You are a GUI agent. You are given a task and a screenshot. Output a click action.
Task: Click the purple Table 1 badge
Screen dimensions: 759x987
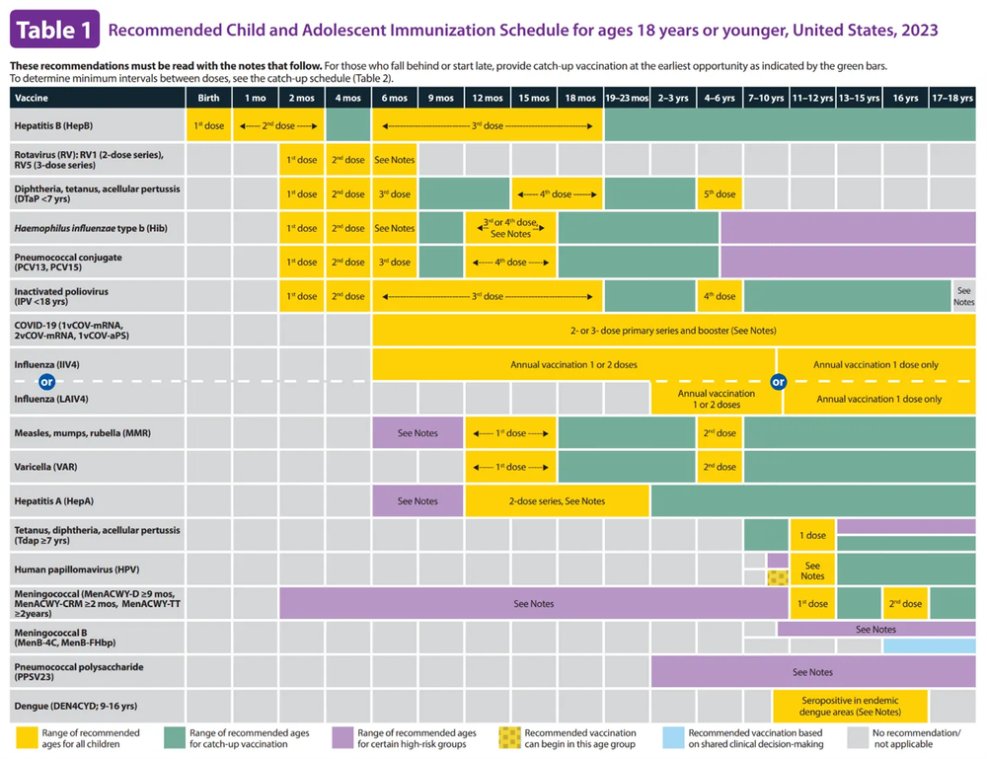[55, 30]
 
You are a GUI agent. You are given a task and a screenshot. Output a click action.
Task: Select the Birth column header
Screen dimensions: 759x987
[209, 98]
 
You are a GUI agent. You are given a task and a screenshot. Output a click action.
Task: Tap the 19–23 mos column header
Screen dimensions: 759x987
[627, 98]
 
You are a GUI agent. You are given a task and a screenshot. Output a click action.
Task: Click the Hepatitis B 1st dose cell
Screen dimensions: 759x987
[209, 125]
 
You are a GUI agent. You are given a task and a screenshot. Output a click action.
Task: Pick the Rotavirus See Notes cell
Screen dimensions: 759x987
[395, 160]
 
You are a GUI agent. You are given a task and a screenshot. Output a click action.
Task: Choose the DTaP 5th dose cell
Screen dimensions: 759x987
[720, 193]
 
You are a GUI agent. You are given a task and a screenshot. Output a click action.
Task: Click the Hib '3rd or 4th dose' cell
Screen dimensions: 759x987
[510, 228]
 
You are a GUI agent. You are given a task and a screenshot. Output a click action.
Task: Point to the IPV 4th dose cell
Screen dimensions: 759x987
[720, 296]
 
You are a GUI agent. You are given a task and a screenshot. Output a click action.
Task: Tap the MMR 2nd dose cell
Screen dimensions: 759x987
[720, 433]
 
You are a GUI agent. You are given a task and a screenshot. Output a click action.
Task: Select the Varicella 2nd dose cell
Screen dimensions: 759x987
[720, 467]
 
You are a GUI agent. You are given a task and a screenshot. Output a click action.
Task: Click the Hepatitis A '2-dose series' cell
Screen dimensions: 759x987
[557, 501]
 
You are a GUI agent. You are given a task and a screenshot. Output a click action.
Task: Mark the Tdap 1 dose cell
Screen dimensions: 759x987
[812, 535]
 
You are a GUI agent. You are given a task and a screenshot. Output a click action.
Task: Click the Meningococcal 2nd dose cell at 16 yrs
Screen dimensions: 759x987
[905, 604]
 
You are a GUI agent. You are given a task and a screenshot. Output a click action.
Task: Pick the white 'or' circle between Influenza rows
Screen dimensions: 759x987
[45, 382]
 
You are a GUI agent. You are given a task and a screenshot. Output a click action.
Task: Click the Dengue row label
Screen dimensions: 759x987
[75, 707]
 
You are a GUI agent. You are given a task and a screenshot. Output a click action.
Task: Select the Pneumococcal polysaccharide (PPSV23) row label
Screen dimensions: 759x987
[79, 672]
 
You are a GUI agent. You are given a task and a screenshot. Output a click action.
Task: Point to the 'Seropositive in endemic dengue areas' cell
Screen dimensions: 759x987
[850, 707]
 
